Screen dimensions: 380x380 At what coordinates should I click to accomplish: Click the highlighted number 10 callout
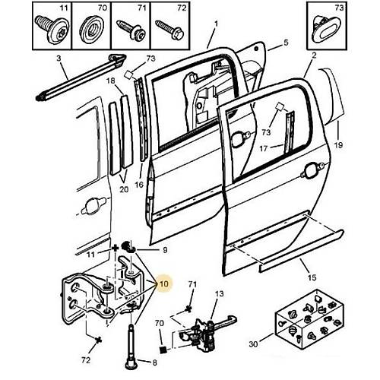pos(164,283)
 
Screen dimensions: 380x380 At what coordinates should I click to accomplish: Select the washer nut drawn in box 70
pos(91,28)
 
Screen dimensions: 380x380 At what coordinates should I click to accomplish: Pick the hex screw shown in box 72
pos(169,30)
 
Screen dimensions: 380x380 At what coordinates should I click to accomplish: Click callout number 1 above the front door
pos(216,24)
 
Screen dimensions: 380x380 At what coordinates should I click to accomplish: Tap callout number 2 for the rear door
pos(314,55)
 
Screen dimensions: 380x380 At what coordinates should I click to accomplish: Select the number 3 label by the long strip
pos(59,59)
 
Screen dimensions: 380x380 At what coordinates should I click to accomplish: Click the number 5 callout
pos(286,43)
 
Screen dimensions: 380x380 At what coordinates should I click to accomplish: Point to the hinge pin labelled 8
pos(131,345)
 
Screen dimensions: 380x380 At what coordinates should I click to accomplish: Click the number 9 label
pos(165,250)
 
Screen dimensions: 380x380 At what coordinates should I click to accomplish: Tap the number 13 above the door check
pos(220,294)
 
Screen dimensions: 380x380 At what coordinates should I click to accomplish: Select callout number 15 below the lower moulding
pos(312,277)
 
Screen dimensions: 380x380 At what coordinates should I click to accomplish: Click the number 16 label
pos(139,185)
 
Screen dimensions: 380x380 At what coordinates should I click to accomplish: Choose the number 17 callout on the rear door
pos(264,148)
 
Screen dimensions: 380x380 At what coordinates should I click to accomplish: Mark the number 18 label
pos(110,81)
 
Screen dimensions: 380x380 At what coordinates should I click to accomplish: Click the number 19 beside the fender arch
pos(338,145)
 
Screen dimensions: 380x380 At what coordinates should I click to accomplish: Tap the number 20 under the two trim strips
pos(124,189)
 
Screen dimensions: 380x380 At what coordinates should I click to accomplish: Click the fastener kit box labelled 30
pos(309,319)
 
